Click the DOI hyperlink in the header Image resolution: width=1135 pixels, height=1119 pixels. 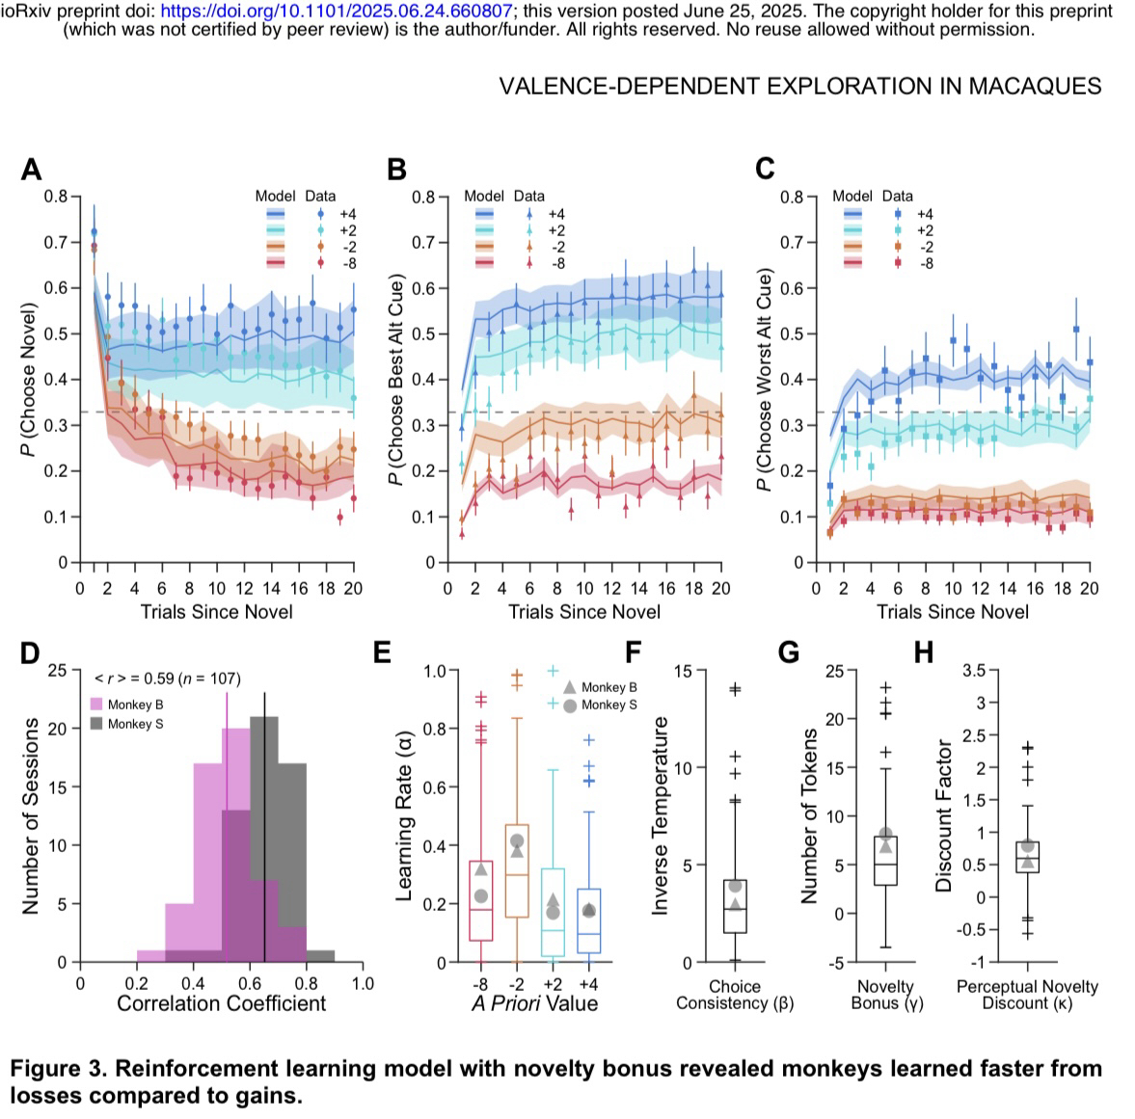[x=337, y=12]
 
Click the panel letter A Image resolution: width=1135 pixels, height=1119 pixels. [x=31, y=171]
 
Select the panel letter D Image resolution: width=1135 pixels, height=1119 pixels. [x=30, y=653]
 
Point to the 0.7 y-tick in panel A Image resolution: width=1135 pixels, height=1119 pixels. [x=56, y=242]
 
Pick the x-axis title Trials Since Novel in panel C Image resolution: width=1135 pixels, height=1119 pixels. [x=952, y=612]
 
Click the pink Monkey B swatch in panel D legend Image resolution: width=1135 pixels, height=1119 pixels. [x=97, y=705]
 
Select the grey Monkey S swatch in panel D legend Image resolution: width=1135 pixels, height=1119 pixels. [x=97, y=724]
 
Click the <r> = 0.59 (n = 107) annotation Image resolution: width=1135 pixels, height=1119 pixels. [x=167, y=679]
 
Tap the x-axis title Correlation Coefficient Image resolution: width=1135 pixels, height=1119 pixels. [x=221, y=1003]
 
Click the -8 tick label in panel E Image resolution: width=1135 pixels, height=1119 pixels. [x=480, y=983]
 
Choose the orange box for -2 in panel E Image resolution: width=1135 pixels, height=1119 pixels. [x=517, y=871]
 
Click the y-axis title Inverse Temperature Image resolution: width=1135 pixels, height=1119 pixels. [x=661, y=819]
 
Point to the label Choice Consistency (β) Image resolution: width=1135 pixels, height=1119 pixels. [x=734, y=995]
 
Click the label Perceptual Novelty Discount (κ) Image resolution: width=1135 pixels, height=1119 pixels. [x=1026, y=995]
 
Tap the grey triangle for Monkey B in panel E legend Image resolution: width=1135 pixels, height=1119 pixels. [x=569, y=687]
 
